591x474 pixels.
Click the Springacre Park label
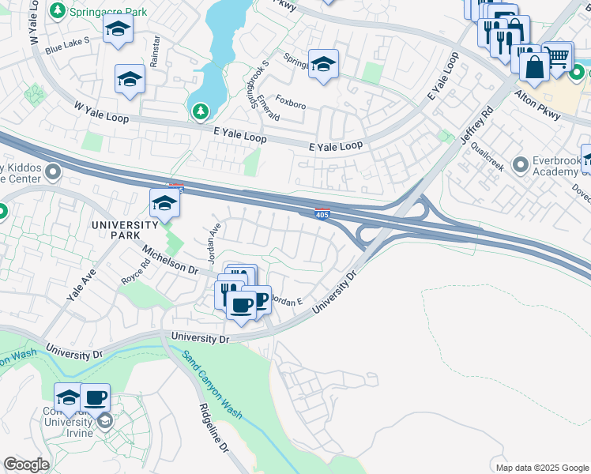click(x=98, y=11)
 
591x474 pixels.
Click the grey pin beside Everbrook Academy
click(x=520, y=165)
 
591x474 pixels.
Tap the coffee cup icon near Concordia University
click(x=95, y=397)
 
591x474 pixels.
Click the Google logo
click(x=26, y=465)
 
